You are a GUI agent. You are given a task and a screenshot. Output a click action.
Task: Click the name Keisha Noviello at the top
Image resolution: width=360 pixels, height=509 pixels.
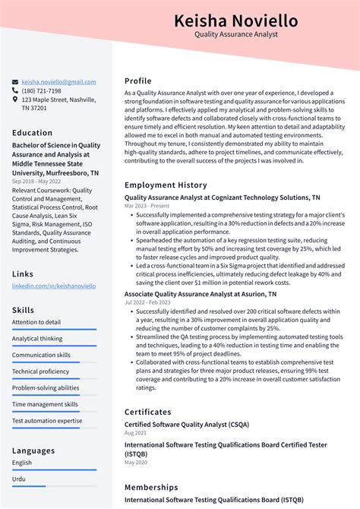click(x=235, y=21)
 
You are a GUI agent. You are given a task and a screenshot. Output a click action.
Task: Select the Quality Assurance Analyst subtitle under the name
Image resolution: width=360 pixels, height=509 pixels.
click(x=235, y=35)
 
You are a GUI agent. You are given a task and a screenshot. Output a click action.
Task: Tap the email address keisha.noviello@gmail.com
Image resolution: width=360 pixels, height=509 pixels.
click(x=58, y=82)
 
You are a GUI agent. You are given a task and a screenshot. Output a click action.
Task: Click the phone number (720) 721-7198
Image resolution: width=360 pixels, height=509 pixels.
click(x=41, y=90)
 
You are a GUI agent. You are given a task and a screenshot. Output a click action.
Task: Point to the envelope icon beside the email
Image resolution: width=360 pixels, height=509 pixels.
click(x=15, y=82)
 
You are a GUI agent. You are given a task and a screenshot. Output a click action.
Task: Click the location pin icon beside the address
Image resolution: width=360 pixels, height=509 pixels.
click(x=15, y=100)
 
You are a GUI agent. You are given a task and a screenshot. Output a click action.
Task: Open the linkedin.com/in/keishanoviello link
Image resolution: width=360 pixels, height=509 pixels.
click(x=54, y=286)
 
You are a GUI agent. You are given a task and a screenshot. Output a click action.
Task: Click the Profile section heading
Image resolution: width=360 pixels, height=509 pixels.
click(x=138, y=81)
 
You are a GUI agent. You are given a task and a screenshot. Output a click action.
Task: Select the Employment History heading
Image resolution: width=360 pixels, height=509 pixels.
click(x=166, y=185)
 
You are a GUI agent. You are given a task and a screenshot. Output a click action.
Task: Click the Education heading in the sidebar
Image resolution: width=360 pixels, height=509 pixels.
click(x=32, y=133)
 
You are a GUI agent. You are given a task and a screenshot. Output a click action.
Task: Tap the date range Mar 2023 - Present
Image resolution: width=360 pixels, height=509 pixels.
click(x=148, y=206)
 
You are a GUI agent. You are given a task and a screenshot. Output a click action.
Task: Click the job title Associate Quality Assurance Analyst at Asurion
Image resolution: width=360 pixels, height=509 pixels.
click(x=201, y=293)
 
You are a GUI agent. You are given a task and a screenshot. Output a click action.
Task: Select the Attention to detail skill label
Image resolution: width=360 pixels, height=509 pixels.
click(x=36, y=322)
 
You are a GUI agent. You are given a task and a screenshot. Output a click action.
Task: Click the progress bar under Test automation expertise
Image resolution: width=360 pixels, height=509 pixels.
click(x=54, y=428)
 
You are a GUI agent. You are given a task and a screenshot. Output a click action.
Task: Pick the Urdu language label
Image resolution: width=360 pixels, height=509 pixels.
click(x=19, y=479)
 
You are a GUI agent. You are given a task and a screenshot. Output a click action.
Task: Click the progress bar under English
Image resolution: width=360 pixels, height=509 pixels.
click(x=54, y=469)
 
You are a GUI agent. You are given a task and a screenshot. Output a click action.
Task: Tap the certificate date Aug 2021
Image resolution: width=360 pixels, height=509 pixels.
click(x=135, y=432)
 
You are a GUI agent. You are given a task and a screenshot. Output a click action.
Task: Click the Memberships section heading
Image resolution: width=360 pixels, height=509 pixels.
click(x=151, y=487)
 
